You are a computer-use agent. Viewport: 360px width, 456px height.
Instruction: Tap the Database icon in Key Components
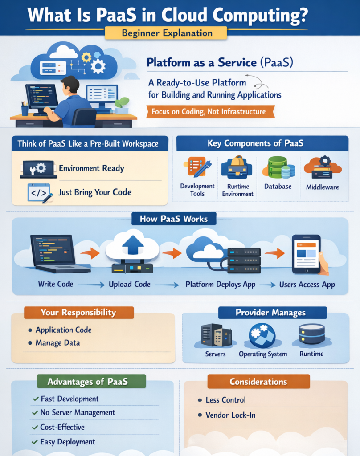point(278,167)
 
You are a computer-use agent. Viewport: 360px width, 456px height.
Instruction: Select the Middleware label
point(322,187)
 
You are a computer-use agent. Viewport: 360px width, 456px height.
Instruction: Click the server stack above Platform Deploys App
point(244,260)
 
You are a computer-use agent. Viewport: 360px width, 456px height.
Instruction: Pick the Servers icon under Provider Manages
point(216,335)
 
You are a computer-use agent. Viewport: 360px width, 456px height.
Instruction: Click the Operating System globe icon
point(262,335)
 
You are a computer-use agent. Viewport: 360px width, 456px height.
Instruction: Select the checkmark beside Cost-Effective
point(35,427)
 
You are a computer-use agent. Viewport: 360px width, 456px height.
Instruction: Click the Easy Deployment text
point(68,442)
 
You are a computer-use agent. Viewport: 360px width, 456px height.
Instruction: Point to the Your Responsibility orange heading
point(78,312)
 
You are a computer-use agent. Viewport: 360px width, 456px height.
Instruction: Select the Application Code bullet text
point(63,330)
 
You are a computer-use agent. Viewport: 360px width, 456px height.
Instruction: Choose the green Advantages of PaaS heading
point(87,382)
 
